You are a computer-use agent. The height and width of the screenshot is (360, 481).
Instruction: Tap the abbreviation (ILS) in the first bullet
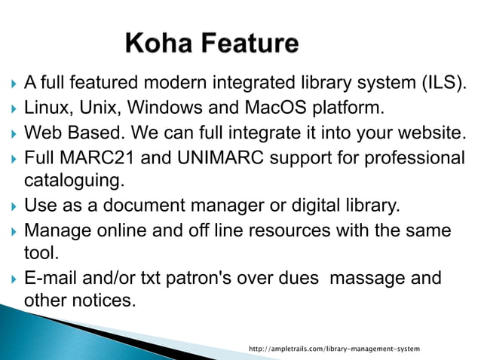(443, 82)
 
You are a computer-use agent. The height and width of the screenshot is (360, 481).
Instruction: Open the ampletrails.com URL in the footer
(334, 349)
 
